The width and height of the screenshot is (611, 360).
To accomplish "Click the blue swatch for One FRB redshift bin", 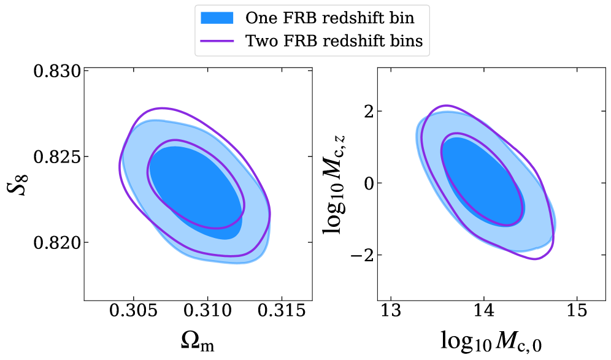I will point(217,18).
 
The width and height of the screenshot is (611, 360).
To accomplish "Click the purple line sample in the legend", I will point(217,41).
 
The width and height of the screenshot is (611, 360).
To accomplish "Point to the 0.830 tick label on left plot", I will point(56,71).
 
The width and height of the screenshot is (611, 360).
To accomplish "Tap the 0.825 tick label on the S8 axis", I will point(56,157).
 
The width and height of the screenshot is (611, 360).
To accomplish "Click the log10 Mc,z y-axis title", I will point(337,185).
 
